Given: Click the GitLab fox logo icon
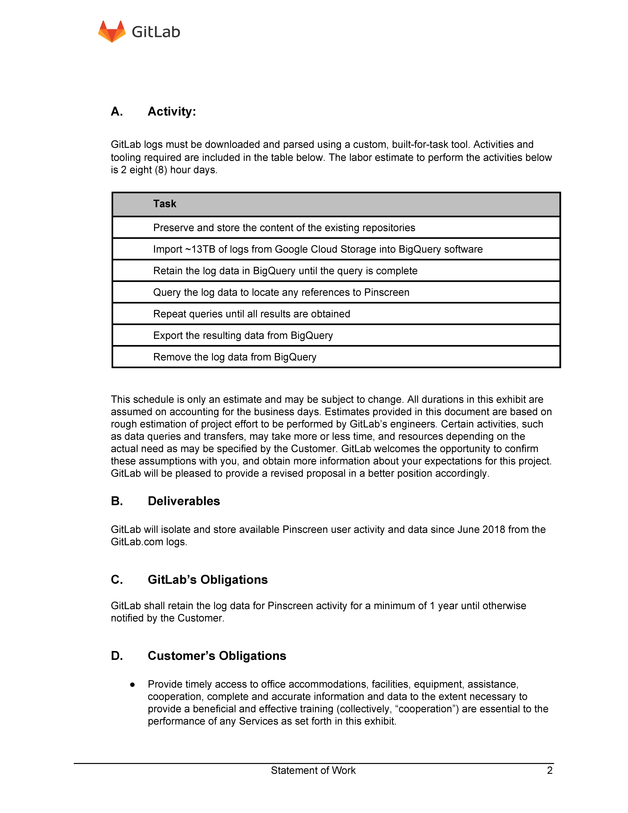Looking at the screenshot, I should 112,32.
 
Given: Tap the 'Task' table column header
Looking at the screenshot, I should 164,204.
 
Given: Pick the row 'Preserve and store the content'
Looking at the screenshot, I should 284,227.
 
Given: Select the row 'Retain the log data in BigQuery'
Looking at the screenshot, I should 285,271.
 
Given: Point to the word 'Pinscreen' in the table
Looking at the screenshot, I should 387,292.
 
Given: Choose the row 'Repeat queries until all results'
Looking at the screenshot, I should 251,314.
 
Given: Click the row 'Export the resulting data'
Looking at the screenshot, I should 243,335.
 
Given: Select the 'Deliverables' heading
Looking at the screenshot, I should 184,501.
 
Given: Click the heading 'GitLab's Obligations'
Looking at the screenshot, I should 208,580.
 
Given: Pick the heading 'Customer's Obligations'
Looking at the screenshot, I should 217,656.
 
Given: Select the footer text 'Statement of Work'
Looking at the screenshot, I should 313,770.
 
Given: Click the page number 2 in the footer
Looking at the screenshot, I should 549,770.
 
